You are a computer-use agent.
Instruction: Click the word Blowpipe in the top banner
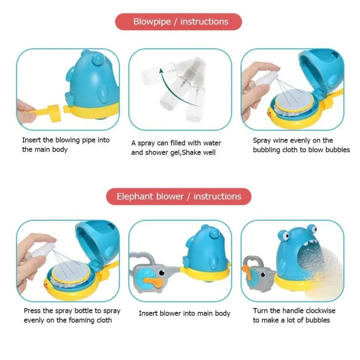coord(152,22)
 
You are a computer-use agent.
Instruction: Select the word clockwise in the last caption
coord(320,310)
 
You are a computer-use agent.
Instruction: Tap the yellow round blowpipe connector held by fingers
coord(55,113)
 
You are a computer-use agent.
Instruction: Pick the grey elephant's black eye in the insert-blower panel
coord(162,273)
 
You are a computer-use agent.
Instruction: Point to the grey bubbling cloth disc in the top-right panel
coord(295,99)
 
